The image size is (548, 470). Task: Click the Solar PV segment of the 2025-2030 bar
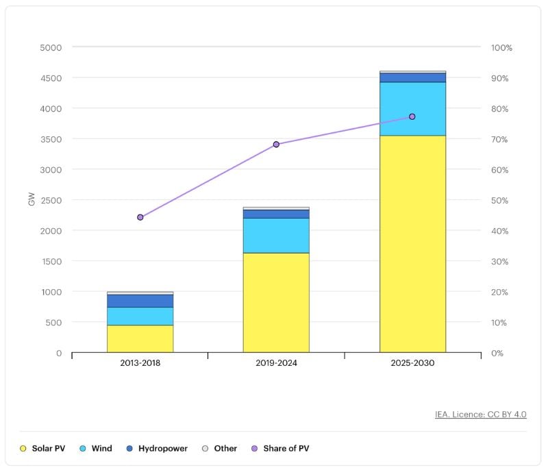412,243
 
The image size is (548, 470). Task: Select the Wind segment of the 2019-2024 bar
276,235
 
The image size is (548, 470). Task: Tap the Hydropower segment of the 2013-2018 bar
140,301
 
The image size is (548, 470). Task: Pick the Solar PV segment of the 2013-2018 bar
140,338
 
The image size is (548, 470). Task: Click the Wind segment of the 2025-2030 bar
412,109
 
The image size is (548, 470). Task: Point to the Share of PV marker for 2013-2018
140,217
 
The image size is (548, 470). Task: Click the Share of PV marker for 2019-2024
276,145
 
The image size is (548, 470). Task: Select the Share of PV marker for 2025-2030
412,116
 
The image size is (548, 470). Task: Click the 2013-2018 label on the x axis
140,364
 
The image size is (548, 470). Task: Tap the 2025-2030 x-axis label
412,364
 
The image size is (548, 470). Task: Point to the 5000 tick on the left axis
49,48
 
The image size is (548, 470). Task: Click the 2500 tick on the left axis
49,200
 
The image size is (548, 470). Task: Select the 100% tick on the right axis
501,48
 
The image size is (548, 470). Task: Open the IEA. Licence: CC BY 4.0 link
480,415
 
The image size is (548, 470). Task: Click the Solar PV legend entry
45,449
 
